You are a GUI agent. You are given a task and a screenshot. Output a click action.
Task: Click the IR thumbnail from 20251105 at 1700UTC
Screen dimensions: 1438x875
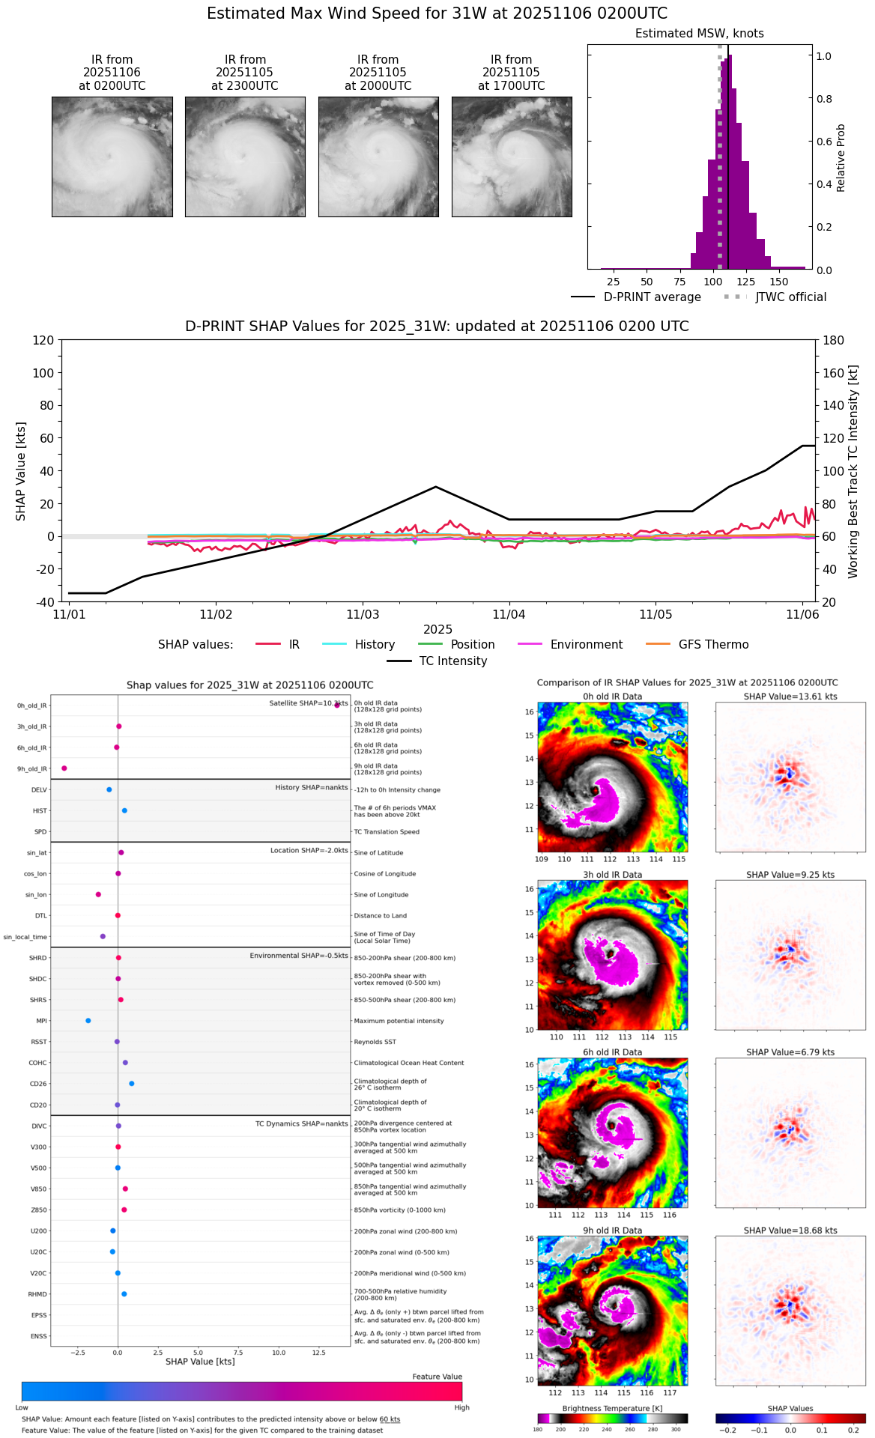[512, 157]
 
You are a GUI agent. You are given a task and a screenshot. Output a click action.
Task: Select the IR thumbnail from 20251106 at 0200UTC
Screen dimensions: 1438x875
[112, 157]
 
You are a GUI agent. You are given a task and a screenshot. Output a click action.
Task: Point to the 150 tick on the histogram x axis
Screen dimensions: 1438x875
[779, 282]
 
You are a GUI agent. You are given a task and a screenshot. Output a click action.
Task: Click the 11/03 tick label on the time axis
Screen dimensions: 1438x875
[363, 615]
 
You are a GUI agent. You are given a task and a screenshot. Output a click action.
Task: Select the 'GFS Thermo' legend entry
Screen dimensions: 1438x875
[713, 645]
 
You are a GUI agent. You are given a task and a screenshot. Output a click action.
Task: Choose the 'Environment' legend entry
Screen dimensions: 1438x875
[586, 645]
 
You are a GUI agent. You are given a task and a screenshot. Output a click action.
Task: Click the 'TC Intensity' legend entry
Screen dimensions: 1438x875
[452, 661]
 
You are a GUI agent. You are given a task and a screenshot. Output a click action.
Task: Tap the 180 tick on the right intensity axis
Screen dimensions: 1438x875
[834, 340]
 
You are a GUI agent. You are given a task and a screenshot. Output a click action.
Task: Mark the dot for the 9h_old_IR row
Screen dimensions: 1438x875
[64, 768]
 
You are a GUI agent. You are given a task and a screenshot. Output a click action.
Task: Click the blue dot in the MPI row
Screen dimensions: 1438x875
[88, 1021]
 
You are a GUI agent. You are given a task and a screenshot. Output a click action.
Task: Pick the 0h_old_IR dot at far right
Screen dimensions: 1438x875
[337, 705]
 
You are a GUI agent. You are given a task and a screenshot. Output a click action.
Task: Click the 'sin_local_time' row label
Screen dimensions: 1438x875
[25, 937]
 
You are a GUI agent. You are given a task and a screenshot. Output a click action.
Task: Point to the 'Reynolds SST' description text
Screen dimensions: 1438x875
[386, 1042]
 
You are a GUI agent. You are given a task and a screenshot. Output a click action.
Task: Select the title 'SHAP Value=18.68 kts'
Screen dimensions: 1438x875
[790, 1231]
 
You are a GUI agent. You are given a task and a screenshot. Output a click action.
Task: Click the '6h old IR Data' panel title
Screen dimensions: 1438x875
[612, 1052]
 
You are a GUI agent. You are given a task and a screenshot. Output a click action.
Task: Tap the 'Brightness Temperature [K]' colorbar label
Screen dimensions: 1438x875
[612, 1409]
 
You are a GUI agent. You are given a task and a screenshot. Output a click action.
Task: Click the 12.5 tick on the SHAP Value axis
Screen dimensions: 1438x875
[319, 1353]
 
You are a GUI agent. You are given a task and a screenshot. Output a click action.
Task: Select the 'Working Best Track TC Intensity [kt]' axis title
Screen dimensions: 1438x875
[853, 471]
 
